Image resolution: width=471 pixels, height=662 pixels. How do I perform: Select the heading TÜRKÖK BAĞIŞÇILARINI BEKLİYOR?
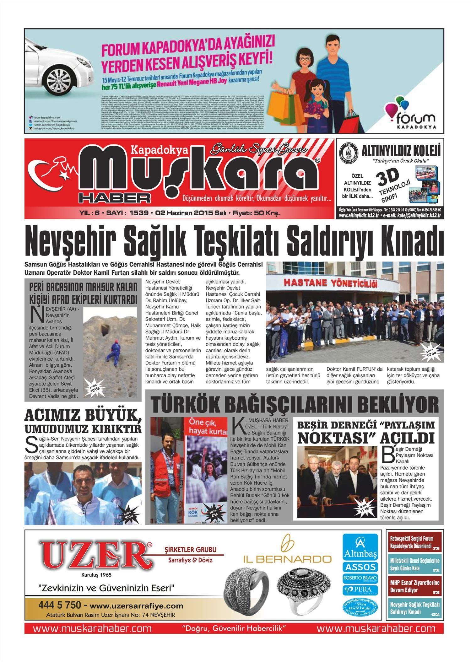point(295,404)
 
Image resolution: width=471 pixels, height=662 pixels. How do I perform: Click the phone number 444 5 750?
point(60,604)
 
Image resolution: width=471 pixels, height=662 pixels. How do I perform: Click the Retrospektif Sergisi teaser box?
point(415,542)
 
